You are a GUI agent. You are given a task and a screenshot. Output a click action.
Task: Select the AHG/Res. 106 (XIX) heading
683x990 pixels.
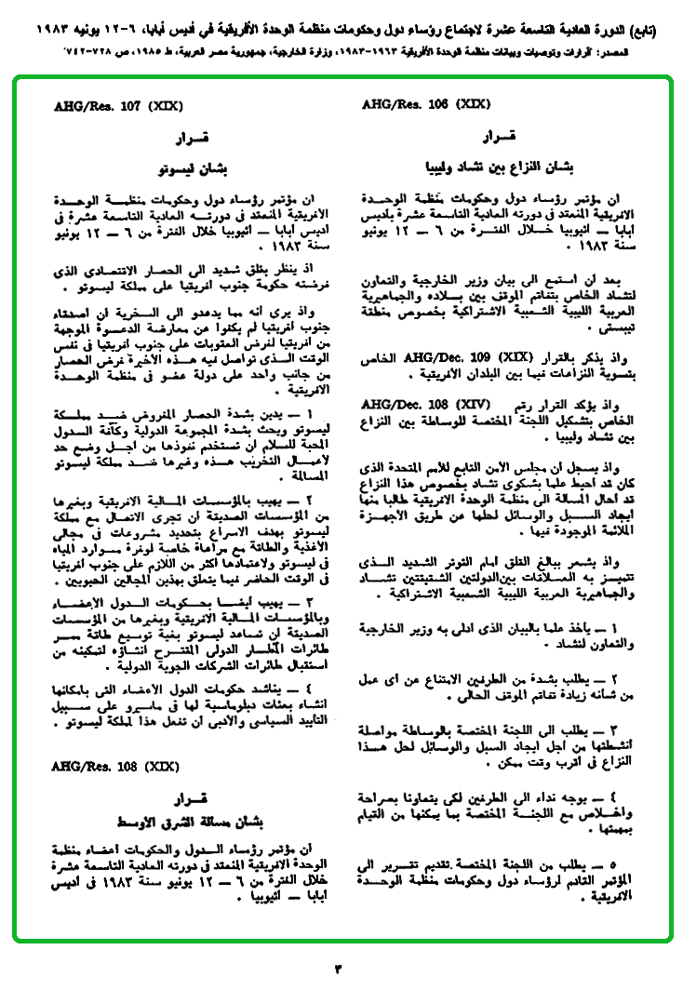coord(410,106)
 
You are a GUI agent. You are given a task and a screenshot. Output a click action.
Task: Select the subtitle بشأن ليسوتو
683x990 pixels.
coord(189,168)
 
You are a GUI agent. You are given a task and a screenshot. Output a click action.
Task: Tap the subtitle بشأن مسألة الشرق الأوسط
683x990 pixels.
coord(190,823)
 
